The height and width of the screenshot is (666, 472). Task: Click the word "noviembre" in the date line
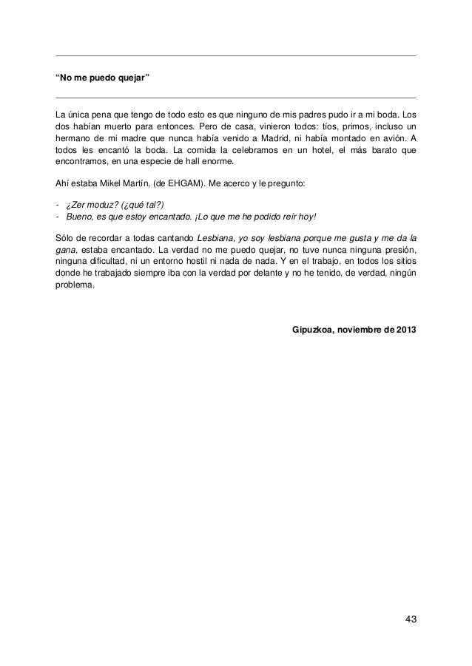coord(360,329)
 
